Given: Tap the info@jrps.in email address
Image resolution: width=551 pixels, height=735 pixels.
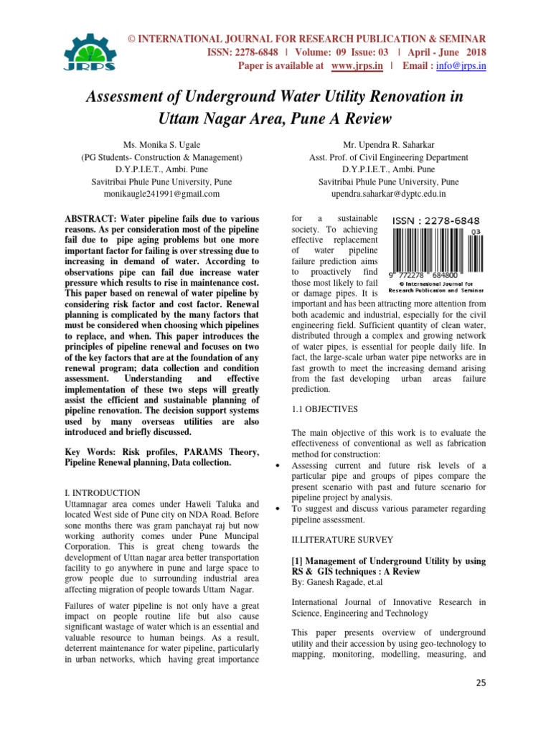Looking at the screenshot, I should (463, 66).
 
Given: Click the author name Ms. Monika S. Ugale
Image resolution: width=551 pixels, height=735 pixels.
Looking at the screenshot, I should (160, 144).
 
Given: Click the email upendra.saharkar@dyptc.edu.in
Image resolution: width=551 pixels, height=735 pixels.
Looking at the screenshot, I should (388, 193).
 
